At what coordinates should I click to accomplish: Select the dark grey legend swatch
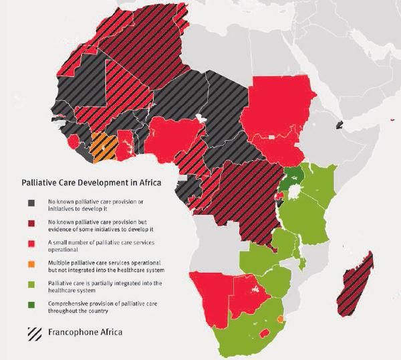point(31,203)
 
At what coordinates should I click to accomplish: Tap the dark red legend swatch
point(31,225)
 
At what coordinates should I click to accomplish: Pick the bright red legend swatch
point(31,246)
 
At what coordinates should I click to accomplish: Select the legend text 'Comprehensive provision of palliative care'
point(100,304)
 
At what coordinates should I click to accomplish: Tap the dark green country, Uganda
point(291,179)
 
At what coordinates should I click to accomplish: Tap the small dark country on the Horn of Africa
point(340,125)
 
